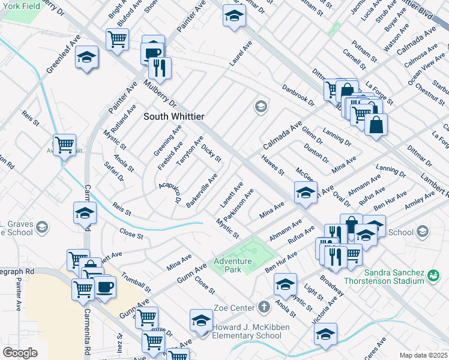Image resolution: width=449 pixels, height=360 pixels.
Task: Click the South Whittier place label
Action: pyautogui.click(x=173, y=116)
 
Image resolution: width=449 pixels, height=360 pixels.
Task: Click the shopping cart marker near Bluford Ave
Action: pyautogui.click(x=117, y=39)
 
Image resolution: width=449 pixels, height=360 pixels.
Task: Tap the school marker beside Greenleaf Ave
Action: pyautogui.click(x=87, y=57)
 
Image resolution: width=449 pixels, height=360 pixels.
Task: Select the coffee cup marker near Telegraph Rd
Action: pyautogui.click(x=105, y=286)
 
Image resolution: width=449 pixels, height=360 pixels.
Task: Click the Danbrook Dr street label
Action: pyautogui.click(x=298, y=95)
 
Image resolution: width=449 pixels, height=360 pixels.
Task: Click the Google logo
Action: pyautogui.click(x=20, y=353)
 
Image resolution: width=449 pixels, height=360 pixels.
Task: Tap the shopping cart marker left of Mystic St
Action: pyautogui.click(x=64, y=144)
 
